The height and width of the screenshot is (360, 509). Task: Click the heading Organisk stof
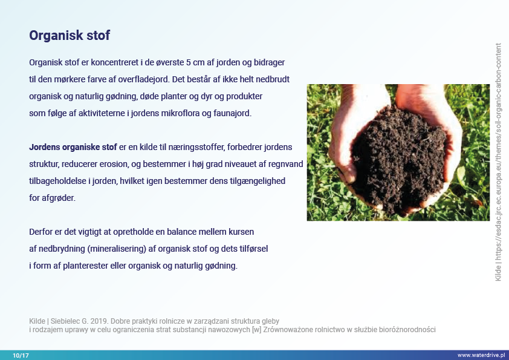(70, 36)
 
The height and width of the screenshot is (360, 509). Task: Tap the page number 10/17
(21, 355)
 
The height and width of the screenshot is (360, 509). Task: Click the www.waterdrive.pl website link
(481, 355)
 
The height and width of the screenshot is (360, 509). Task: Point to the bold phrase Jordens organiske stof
(73, 147)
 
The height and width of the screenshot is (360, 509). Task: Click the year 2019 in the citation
(99, 321)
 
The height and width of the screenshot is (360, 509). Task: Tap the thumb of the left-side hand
(341, 166)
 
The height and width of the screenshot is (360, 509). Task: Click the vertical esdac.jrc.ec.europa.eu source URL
(498, 163)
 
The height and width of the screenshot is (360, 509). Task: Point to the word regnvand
(285, 164)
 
